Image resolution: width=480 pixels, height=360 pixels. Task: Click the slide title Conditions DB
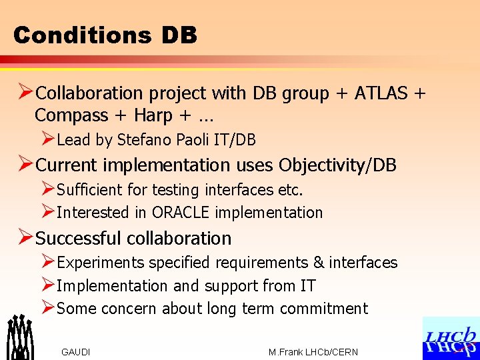(x=105, y=35)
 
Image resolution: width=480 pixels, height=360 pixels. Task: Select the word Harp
(x=153, y=115)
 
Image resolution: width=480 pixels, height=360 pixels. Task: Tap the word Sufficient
(x=90, y=190)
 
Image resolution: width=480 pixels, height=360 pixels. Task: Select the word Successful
(x=78, y=238)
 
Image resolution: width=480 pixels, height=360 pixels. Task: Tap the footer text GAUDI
(x=75, y=352)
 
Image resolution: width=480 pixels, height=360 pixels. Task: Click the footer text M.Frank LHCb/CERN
(x=313, y=352)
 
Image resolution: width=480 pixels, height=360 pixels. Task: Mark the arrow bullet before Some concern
(x=47, y=308)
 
